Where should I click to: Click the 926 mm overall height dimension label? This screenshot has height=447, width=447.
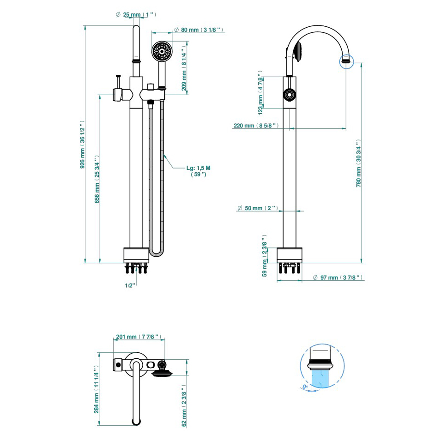coord(83,145)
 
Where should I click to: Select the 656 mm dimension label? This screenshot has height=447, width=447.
coord(97,180)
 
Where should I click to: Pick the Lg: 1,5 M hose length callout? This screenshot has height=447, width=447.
coord(198,171)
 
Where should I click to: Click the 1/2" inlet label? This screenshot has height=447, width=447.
coord(130,285)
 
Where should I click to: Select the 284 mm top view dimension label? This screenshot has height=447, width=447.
coord(97,390)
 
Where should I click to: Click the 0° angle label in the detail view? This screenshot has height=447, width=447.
coord(304,386)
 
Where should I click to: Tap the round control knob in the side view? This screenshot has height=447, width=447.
coord(289,95)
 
